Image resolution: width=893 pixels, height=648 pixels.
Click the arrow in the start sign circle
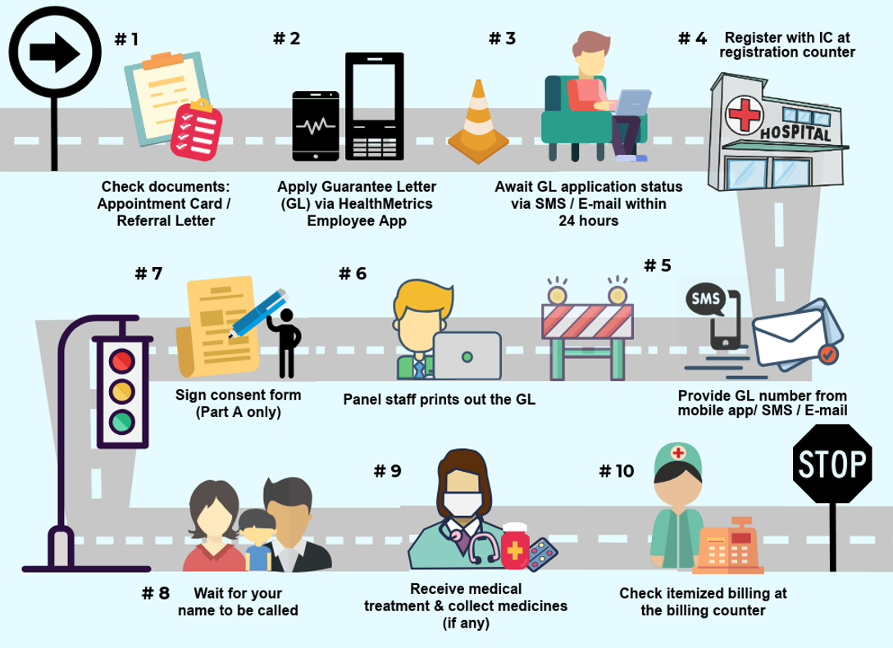(x=54, y=53)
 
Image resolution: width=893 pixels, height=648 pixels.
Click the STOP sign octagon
(x=831, y=464)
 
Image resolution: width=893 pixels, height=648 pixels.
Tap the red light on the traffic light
(x=123, y=360)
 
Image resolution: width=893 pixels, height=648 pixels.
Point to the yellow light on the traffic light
(x=123, y=390)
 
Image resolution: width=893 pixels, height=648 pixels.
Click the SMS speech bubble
(x=705, y=300)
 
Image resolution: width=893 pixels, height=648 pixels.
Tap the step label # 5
(x=657, y=265)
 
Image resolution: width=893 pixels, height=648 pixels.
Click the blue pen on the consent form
(x=257, y=312)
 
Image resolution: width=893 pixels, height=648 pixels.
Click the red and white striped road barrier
(x=587, y=321)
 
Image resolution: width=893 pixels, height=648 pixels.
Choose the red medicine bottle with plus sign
(x=516, y=546)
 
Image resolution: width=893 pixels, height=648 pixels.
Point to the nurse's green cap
(x=677, y=456)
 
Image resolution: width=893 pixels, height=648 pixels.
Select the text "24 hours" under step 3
(x=588, y=221)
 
